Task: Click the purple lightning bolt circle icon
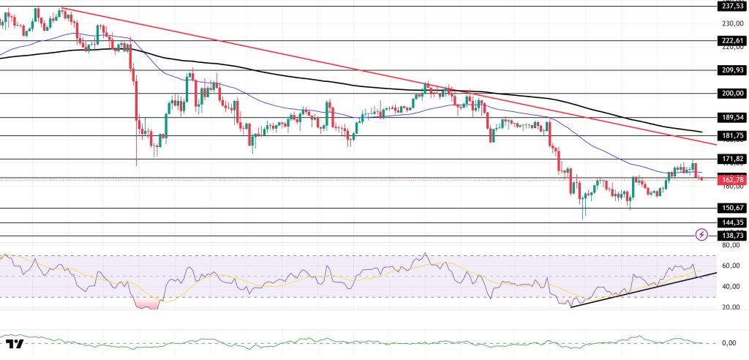coord(702,235)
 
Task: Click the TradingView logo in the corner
coord(14,345)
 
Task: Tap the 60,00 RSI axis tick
coord(729,266)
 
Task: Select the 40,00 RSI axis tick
coord(729,286)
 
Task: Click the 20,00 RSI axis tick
coord(729,307)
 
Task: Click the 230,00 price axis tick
coord(729,23)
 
